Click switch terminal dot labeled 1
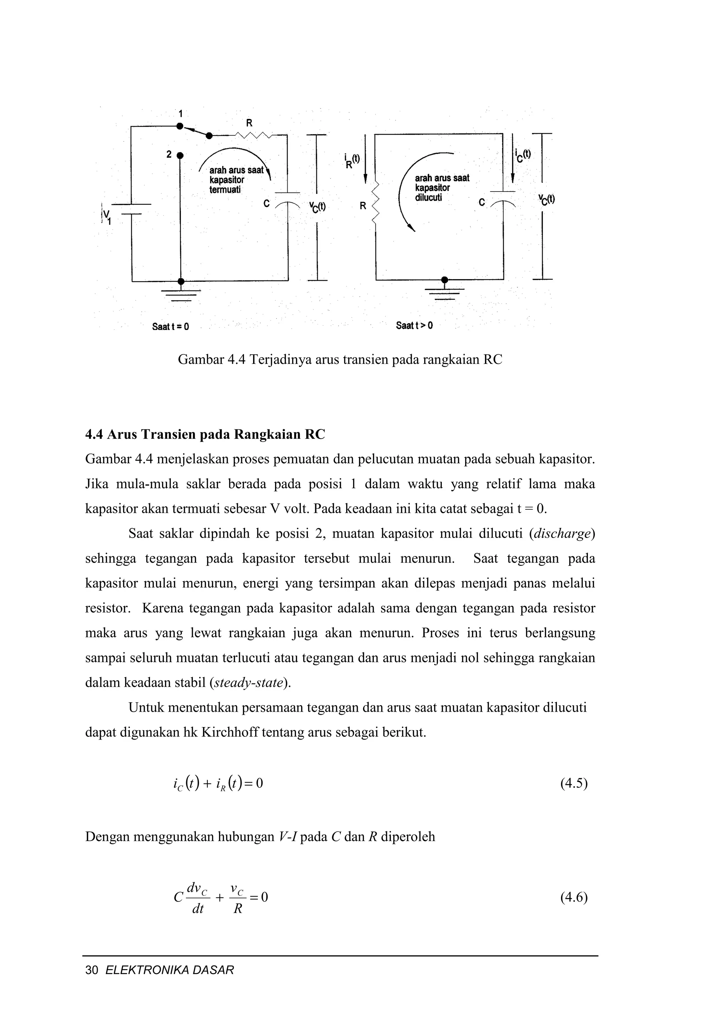pyautogui.click(x=180, y=126)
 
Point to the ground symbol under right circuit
pyautogui.click(x=445, y=293)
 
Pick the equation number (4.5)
pyautogui.click(x=574, y=783)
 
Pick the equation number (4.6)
pyautogui.click(x=574, y=897)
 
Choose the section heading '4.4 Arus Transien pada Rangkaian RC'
pyautogui.click(x=205, y=435)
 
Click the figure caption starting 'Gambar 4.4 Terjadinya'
pyautogui.click(x=340, y=360)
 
